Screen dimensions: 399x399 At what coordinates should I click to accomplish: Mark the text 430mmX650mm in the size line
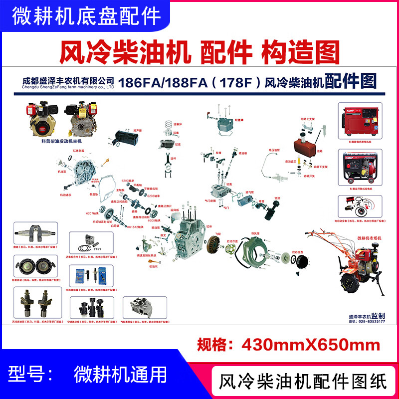click(x=311, y=344)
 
